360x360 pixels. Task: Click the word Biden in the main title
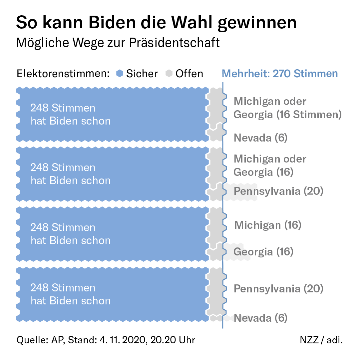click(x=112, y=23)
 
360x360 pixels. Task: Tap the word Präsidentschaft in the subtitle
click(x=174, y=43)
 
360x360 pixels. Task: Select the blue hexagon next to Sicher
click(x=120, y=74)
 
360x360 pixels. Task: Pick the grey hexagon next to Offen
click(x=169, y=74)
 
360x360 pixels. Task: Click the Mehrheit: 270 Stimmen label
click(x=280, y=74)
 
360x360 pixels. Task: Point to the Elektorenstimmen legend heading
click(x=63, y=74)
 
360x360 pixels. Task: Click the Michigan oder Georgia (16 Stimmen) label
click(x=287, y=108)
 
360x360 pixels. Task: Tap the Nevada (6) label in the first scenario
click(x=260, y=138)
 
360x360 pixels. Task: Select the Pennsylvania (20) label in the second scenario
click(x=278, y=191)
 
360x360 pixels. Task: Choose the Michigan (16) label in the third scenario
click(x=268, y=225)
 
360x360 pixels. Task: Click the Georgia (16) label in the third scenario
click(x=263, y=252)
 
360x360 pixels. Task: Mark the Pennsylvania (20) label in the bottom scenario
click(x=278, y=289)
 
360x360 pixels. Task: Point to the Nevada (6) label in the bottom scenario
click(x=260, y=318)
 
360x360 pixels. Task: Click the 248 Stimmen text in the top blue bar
click(x=63, y=108)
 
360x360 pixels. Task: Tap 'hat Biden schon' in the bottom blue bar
click(x=71, y=301)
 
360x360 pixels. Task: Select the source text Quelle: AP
click(x=40, y=340)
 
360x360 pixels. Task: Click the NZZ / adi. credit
click(x=321, y=340)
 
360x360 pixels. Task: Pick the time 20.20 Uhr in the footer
click(x=173, y=340)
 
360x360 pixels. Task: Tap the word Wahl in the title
click(x=192, y=23)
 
